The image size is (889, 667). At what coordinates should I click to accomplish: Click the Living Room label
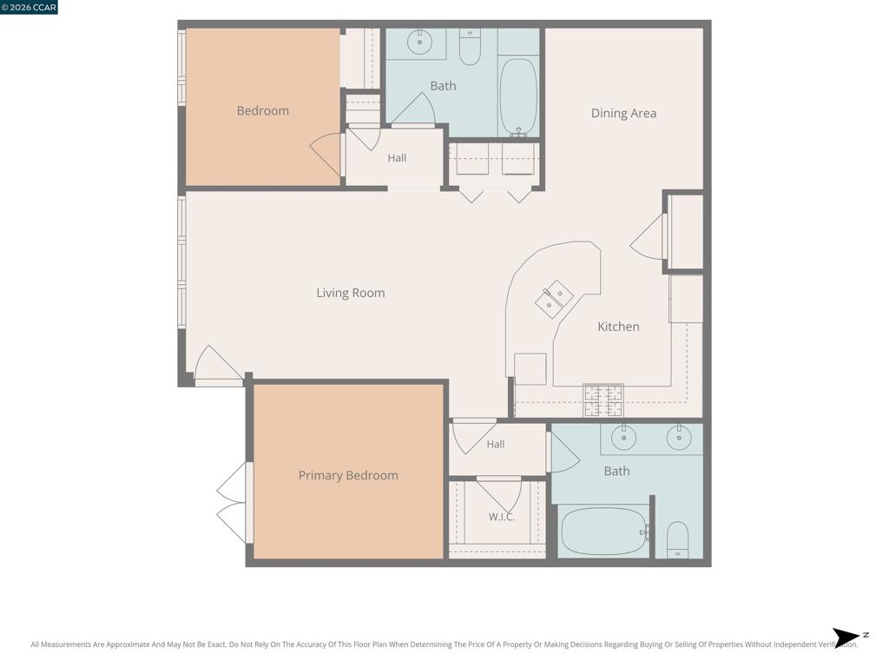(351, 293)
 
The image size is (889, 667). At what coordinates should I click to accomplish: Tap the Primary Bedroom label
(348, 475)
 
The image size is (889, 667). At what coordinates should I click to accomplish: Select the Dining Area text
(623, 113)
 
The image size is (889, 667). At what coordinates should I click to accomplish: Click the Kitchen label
(618, 327)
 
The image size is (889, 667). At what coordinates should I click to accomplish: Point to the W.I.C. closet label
(502, 517)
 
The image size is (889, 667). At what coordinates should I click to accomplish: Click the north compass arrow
(846, 637)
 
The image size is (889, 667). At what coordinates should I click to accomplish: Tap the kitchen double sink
(554, 299)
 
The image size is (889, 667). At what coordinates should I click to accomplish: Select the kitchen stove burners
(604, 400)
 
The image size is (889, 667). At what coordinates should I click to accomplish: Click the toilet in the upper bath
(470, 47)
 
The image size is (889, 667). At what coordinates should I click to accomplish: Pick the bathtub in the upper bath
(519, 97)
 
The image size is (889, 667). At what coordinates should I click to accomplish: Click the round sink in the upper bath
(419, 42)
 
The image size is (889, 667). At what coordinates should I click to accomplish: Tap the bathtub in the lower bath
(604, 532)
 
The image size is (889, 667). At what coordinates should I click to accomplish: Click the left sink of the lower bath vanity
(623, 438)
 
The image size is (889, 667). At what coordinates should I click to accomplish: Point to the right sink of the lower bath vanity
(679, 438)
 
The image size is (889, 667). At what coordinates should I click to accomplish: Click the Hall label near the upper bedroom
(397, 158)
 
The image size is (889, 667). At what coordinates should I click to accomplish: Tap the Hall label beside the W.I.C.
(496, 444)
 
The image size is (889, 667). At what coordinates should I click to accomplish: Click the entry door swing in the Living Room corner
(218, 363)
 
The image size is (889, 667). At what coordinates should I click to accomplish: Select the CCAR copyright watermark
(29, 7)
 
